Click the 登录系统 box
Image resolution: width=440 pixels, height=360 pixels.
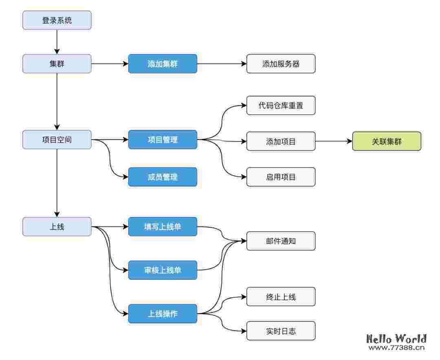(57, 20)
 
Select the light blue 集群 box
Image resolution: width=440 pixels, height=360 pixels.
(57, 64)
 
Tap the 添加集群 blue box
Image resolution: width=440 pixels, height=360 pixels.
(163, 64)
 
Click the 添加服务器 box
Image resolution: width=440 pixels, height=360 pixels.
(281, 64)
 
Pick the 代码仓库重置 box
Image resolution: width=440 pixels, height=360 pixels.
(281, 105)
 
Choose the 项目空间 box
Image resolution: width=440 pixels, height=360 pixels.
(57, 140)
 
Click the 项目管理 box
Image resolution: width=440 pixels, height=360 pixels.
(163, 140)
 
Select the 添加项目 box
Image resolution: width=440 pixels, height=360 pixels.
(281, 141)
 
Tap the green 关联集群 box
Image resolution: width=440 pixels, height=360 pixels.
(386, 141)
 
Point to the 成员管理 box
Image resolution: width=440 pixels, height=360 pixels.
(163, 177)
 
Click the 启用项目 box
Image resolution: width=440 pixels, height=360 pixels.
(281, 177)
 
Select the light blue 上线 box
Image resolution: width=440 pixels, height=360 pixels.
(57, 226)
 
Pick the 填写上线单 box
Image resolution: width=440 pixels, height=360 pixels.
(163, 226)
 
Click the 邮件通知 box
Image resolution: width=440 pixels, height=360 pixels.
(281, 241)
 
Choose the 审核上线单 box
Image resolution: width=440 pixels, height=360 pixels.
(163, 270)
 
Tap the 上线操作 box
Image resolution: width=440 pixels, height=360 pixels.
(163, 314)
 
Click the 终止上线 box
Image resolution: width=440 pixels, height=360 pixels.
(281, 296)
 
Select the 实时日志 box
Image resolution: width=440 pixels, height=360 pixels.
(281, 331)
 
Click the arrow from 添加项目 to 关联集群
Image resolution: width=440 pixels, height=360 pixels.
(333, 141)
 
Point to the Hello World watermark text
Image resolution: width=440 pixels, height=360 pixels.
(396, 339)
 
